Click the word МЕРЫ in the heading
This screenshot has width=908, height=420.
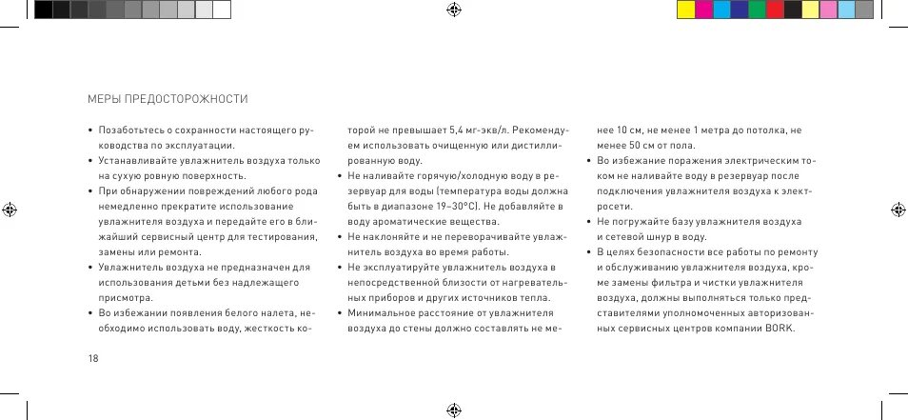pyautogui.click(x=102, y=99)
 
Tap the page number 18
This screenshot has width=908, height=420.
pyautogui.click(x=92, y=358)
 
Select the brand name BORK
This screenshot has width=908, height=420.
pyautogui.click(x=778, y=330)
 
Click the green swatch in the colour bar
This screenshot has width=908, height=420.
pyautogui.click(x=757, y=10)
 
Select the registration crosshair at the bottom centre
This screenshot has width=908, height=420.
pyautogui.click(x=453, y=410)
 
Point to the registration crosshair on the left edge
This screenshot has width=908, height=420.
pyautogui.click(x=10, y=210)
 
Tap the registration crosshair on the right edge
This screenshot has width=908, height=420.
pyautogui.click(x=898, y=210)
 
